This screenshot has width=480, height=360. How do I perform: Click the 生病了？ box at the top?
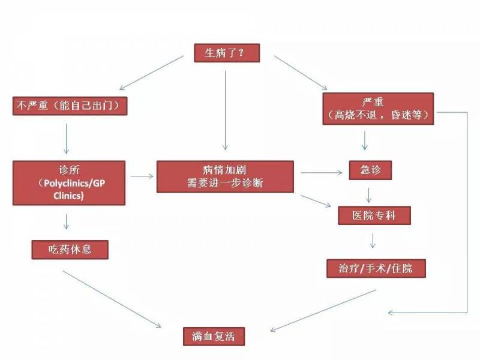coord(226,53)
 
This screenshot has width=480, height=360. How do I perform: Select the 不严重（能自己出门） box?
coord(70,106)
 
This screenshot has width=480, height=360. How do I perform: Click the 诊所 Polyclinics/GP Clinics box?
coord(70,182)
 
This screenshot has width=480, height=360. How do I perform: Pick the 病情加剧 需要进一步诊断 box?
coord(225,176)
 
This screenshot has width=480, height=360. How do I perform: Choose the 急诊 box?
coord(370,170)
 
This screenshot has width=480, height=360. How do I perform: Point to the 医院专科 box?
coord(374,215)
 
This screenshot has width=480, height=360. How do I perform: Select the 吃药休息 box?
coord(70,248)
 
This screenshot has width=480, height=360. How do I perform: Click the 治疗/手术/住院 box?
coord(376,268)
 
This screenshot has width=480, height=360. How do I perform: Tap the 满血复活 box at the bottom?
coord(214,336)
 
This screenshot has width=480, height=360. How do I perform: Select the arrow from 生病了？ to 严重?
coord(300,73)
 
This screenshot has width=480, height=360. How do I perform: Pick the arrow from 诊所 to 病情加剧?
coord(142,176)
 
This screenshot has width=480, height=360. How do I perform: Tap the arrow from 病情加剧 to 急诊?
coord(322,173)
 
